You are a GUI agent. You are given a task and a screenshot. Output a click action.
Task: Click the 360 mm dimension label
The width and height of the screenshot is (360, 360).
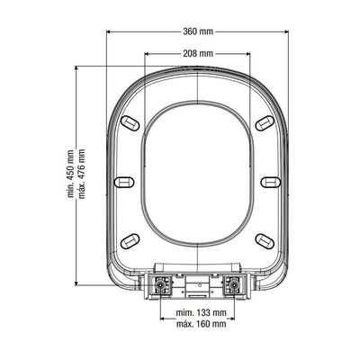click(x=198, y=31)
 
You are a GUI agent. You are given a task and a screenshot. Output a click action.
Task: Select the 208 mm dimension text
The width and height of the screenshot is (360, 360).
click(x=198, y=54)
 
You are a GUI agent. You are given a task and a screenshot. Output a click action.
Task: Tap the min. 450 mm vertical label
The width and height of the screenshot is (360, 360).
click(x=70, y=174)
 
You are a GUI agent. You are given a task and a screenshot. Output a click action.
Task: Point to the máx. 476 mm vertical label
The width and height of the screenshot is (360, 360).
click(x=81, y=174)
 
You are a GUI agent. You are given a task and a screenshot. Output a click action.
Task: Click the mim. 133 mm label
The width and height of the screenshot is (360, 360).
click(x=201, y=313)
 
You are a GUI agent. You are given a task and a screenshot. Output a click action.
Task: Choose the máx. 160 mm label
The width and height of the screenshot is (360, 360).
click(x=201, y=324)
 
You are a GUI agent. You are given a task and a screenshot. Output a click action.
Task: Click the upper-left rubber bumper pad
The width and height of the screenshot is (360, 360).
click(x=130, y=122)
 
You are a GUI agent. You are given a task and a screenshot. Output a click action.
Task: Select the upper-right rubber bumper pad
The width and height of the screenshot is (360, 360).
click(x=265, y=122)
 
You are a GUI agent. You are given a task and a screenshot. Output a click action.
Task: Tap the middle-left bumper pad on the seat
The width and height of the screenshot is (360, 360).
click(x=125, y=182)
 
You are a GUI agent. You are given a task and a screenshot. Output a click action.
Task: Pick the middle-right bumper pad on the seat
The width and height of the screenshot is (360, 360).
click(x=271, y=182)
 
